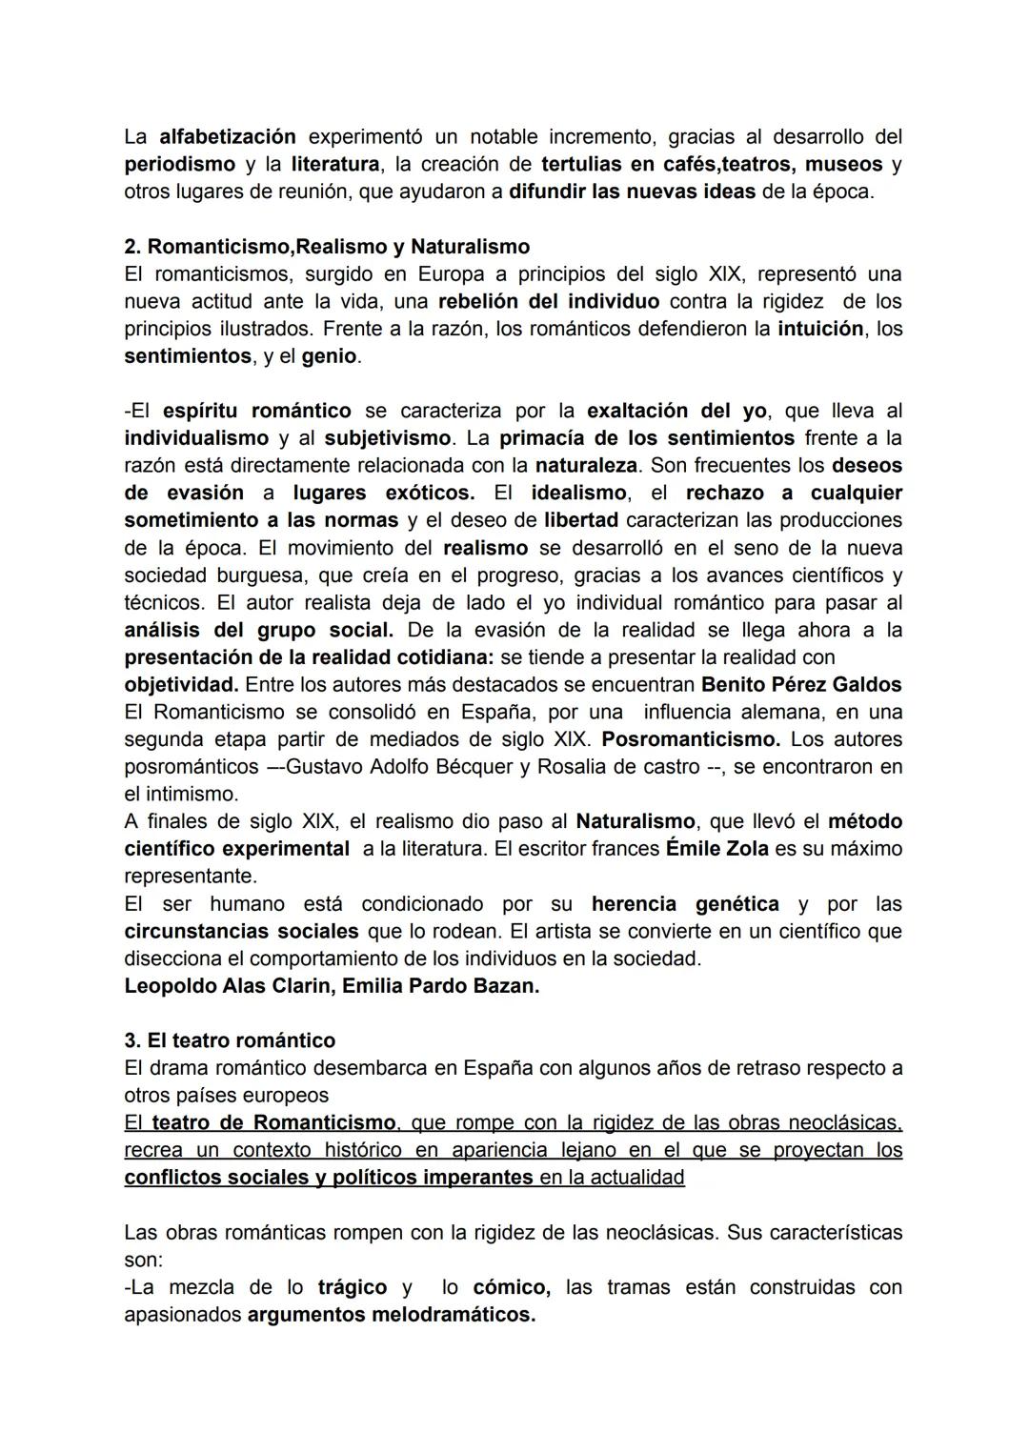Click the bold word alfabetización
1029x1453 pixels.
coord(227,136)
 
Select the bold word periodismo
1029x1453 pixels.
coord(179,164)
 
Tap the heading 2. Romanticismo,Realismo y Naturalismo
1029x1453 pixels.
coord(327,247)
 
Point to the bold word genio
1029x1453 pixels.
coord(329,356)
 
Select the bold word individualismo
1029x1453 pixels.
coord(196,438)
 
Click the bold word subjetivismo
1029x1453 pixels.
coord(388,438)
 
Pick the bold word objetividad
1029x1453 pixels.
coord(181,684)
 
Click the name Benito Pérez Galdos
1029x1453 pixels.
coord(801,684)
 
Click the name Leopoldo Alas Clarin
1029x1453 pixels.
coord(228,986)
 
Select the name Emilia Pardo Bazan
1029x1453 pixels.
coord(440,986)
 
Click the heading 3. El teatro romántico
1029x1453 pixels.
coord(230,1040)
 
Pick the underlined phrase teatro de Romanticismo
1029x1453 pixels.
coord(273,1122)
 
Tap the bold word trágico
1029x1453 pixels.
coord(352,1287)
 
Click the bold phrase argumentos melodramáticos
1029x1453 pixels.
coord(391,1315)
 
